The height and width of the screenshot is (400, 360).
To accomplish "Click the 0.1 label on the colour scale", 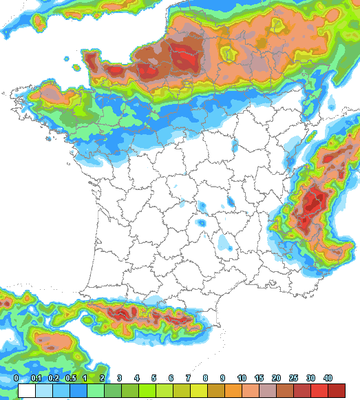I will pyautogui.click(x=36, y=378).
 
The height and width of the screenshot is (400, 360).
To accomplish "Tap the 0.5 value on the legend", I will pyautogui.click(x=70, y=378).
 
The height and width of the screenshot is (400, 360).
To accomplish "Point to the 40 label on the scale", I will pyautogui.click(x=328, y=378).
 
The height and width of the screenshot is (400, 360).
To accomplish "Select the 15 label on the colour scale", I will pyautogui.click(x=259, y=378).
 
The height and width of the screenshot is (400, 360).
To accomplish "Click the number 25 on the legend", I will pyautogui.click(x=293, y=378).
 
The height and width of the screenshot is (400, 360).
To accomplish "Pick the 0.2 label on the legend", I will pyautogui.click(x=54, y=378).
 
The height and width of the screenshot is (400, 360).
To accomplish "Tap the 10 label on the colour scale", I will pyautogui.click(x=242, y=378).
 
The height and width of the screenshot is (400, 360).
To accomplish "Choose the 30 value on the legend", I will pyautogui.click(x=310, y=378).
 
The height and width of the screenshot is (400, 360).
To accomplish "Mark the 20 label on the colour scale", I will pyautogui.click(x=276, y=378).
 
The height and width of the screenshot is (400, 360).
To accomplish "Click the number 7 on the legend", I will pyautogui.click(x=188, y=378).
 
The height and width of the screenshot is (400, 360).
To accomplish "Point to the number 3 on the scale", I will pyautogui.click(x=119, y=378).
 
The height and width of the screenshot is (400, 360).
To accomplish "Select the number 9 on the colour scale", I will pyautogui.click(x=222, y=378).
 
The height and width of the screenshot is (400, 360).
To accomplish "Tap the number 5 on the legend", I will pyautogui.click(x=153, y=378).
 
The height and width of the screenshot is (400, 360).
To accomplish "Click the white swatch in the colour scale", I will pyautogui.click(x=27, y=391).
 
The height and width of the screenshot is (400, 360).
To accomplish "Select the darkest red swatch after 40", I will pyautogui.click(x=337, y=391).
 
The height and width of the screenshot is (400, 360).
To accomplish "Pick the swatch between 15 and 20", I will pyautogui.click(x=268, y=391).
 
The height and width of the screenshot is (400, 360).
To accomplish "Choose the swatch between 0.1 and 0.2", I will pyautogui.click(x=45, y=391).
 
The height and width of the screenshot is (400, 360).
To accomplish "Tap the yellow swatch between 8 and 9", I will pyautogui.click(x=214, y=391).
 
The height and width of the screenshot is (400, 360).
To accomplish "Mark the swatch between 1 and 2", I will pyautogui.click(x=94, y=391).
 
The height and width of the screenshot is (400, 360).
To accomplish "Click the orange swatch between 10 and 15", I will pyautogui.click(x=251, y=391).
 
